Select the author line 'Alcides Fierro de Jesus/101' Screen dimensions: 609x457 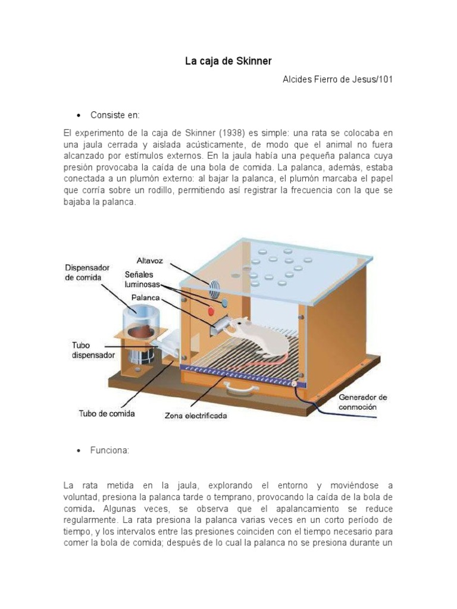[337, 80]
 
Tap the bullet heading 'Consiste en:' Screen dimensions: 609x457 [115, 114]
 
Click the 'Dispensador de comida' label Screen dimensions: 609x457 [87, 272]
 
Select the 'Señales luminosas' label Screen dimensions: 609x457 [143, 279]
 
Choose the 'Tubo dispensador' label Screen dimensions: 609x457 [89, 349]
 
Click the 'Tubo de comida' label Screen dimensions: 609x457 [107, 413]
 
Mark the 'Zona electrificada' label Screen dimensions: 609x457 [196, 416]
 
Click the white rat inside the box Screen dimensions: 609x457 [256, 337]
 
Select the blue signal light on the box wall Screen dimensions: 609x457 [224, 303]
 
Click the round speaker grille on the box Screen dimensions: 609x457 [214, 288]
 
